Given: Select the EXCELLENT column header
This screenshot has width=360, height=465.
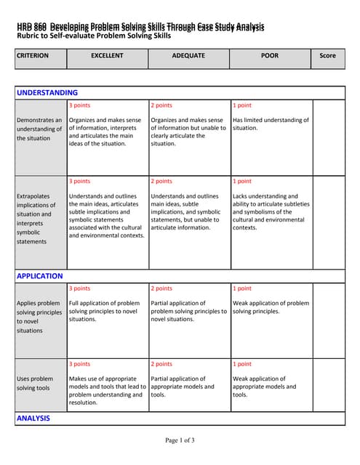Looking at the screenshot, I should (x=107, y=55).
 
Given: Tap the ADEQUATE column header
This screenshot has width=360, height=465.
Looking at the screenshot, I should (x=188, y=55).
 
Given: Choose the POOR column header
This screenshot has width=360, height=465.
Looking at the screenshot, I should (x=270, y=55).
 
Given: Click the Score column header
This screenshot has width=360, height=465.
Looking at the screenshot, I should (x=327, y=55).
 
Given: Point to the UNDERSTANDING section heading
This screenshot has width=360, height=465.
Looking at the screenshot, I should (x=47, y=93).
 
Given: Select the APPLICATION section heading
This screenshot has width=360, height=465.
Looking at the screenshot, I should (x=39, y=276).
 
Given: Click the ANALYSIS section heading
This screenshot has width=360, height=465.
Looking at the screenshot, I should (x=33, y=418).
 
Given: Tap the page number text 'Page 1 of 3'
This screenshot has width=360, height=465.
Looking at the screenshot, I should (x=180, y=440).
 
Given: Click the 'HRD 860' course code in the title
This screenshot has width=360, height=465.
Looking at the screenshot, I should (x=31, y=27).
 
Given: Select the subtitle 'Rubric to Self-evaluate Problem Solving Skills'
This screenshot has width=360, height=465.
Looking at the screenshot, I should (x=94, y=36).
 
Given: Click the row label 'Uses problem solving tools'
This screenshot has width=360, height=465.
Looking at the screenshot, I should (x=34, y=383).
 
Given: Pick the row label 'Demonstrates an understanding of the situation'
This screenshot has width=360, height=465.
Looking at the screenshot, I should (x=39, y=129).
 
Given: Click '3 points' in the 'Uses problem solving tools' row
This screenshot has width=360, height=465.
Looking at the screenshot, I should (x=79, y=364).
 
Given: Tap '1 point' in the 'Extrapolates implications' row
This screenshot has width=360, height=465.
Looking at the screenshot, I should (x=242, y=181).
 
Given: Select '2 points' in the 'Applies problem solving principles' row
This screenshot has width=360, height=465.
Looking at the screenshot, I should (x=161, y=288).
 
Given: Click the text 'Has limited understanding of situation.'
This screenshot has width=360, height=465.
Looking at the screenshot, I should (x=271, y=124).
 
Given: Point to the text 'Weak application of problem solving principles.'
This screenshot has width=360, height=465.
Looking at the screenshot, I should (x=271, y=307).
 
